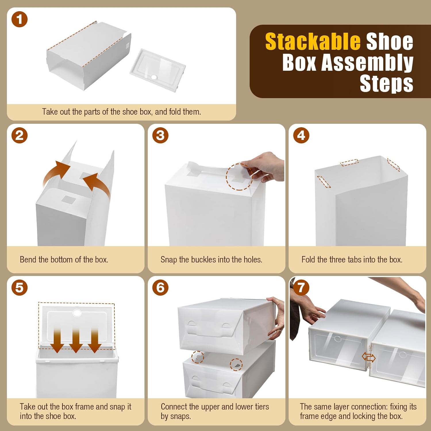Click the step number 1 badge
click(19, 20)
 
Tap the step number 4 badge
click(301, 136)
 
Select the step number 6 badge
click(160, 288)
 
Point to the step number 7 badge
click(301, 288)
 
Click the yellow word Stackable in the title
click(313, 42)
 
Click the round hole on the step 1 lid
click(154, 77)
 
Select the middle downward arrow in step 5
click(76, 340)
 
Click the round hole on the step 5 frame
click(77, 313)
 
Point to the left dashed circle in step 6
click(198, 357)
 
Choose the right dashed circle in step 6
click(236, 365)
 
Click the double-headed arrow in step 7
click(369, 357)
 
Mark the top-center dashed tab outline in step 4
click(349, 163)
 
